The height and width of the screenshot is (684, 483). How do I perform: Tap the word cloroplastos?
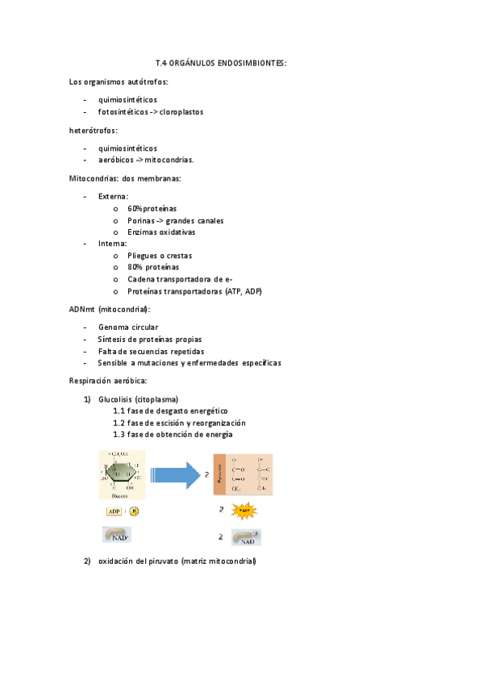[181, 111]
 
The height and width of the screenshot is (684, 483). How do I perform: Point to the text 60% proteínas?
[152, 208]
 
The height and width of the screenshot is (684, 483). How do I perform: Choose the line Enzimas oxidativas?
[161, 232]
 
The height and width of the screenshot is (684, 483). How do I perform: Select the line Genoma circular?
[128, 327]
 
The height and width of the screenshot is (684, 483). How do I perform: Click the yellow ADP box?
[113, 511]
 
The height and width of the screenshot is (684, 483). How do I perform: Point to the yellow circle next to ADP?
[134, 511]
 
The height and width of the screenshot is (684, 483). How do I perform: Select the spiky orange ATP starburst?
[245, 511]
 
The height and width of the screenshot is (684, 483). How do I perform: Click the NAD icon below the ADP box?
[118, 535]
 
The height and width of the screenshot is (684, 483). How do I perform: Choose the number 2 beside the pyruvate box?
[206, 474]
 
